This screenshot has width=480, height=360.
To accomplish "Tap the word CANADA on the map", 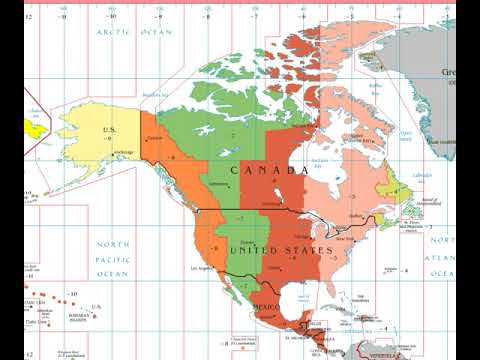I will tap(268, 171).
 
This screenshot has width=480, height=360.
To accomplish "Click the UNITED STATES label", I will tap(281, 249).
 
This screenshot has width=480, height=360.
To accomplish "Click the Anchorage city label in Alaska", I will tap(124, 152).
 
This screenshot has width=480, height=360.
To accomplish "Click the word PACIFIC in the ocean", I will tap(112, 259).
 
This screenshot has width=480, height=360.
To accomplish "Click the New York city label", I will tap(345, 239).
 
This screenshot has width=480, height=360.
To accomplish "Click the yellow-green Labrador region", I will tap(390, 185).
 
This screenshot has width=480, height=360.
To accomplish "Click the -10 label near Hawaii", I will tap(73, 294).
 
